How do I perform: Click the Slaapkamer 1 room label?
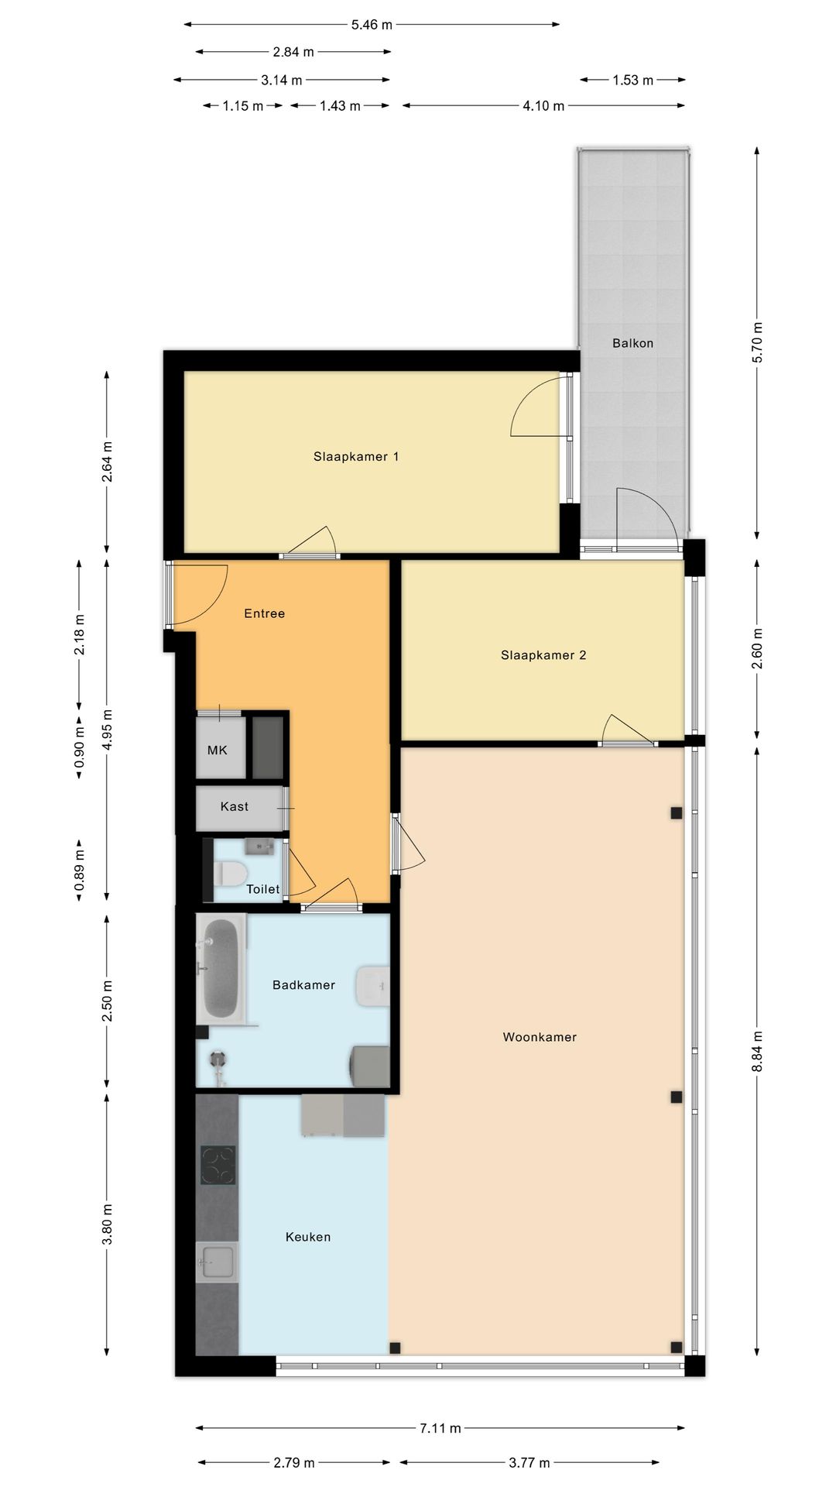[x=356, y=457]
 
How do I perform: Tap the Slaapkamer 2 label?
[x=543, y=655]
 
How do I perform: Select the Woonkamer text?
[x=540, y=1037]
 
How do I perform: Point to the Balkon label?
[x=632, y=343]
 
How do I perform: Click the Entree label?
[x=265, y=613]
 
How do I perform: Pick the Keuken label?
[x=308, y=1237]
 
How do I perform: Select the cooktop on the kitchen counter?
[x=218, y=1165]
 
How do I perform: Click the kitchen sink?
[x=218, y=1262]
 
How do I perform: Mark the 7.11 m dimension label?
[x=440, y=1428]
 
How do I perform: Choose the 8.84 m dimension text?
[x=757, y=1051]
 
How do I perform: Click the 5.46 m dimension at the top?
[x=372, y=25]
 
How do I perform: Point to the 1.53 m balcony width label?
[x=632, y=80]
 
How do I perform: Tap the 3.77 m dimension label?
[x=529, y=1463]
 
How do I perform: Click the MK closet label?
[x=218, y=750]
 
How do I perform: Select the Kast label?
[x=235, y=807]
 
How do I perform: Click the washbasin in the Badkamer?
[x=372, y=986]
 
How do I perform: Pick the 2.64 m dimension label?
[x=107, y=462]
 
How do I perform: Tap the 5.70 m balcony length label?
[x=757, y=342]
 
